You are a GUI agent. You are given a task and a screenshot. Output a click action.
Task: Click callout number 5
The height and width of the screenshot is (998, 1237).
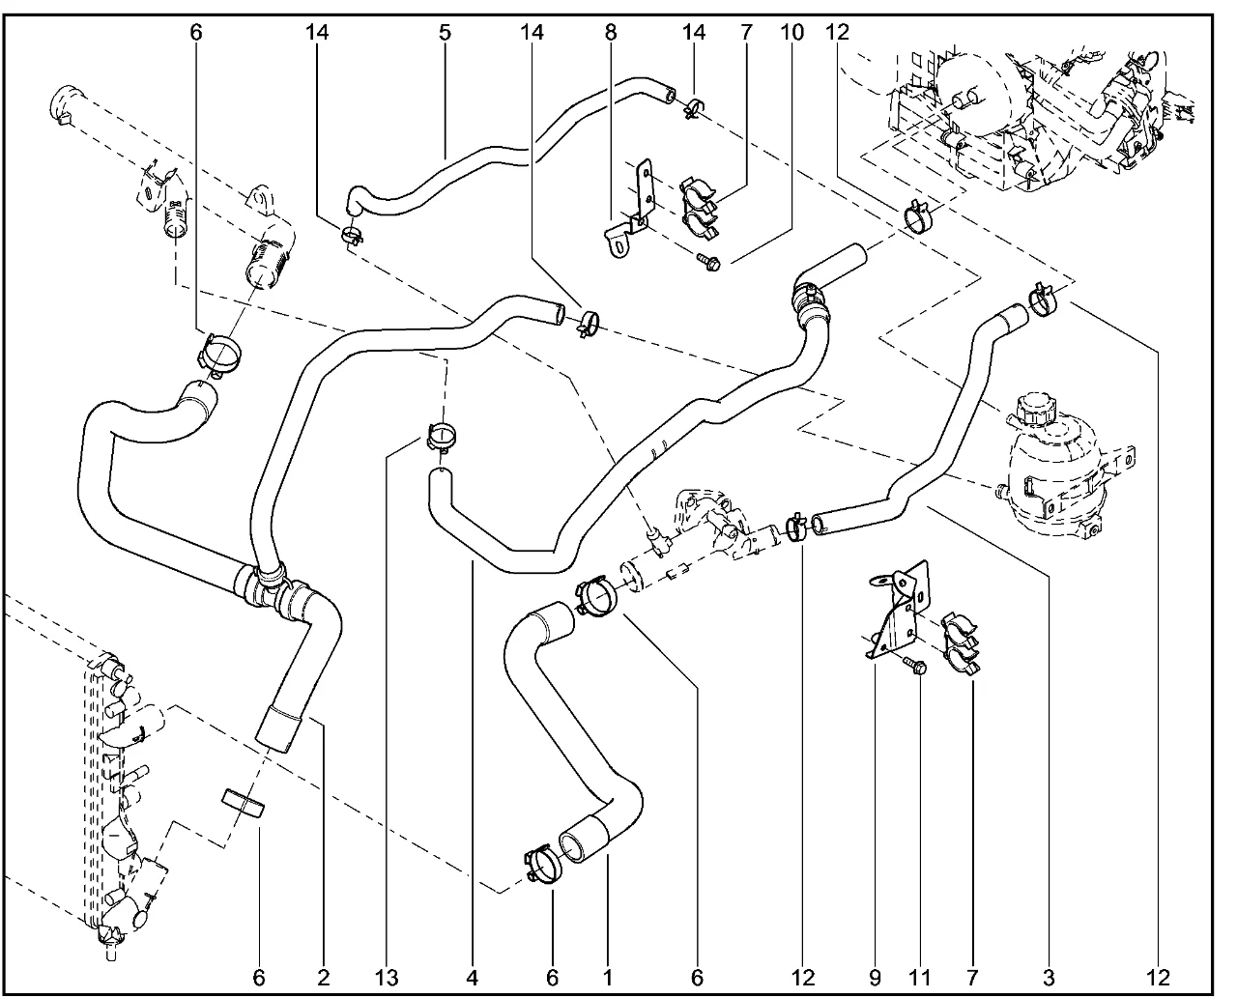click(x=445, y=32)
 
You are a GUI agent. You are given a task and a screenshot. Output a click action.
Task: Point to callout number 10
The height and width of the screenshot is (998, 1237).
click(x=791, y=32)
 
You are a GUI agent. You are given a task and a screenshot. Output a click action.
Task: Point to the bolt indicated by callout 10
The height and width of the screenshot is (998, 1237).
click(x=706, y=260)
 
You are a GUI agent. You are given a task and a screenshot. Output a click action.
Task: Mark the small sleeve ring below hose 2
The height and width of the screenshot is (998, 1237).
click(x=245, y=805)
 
